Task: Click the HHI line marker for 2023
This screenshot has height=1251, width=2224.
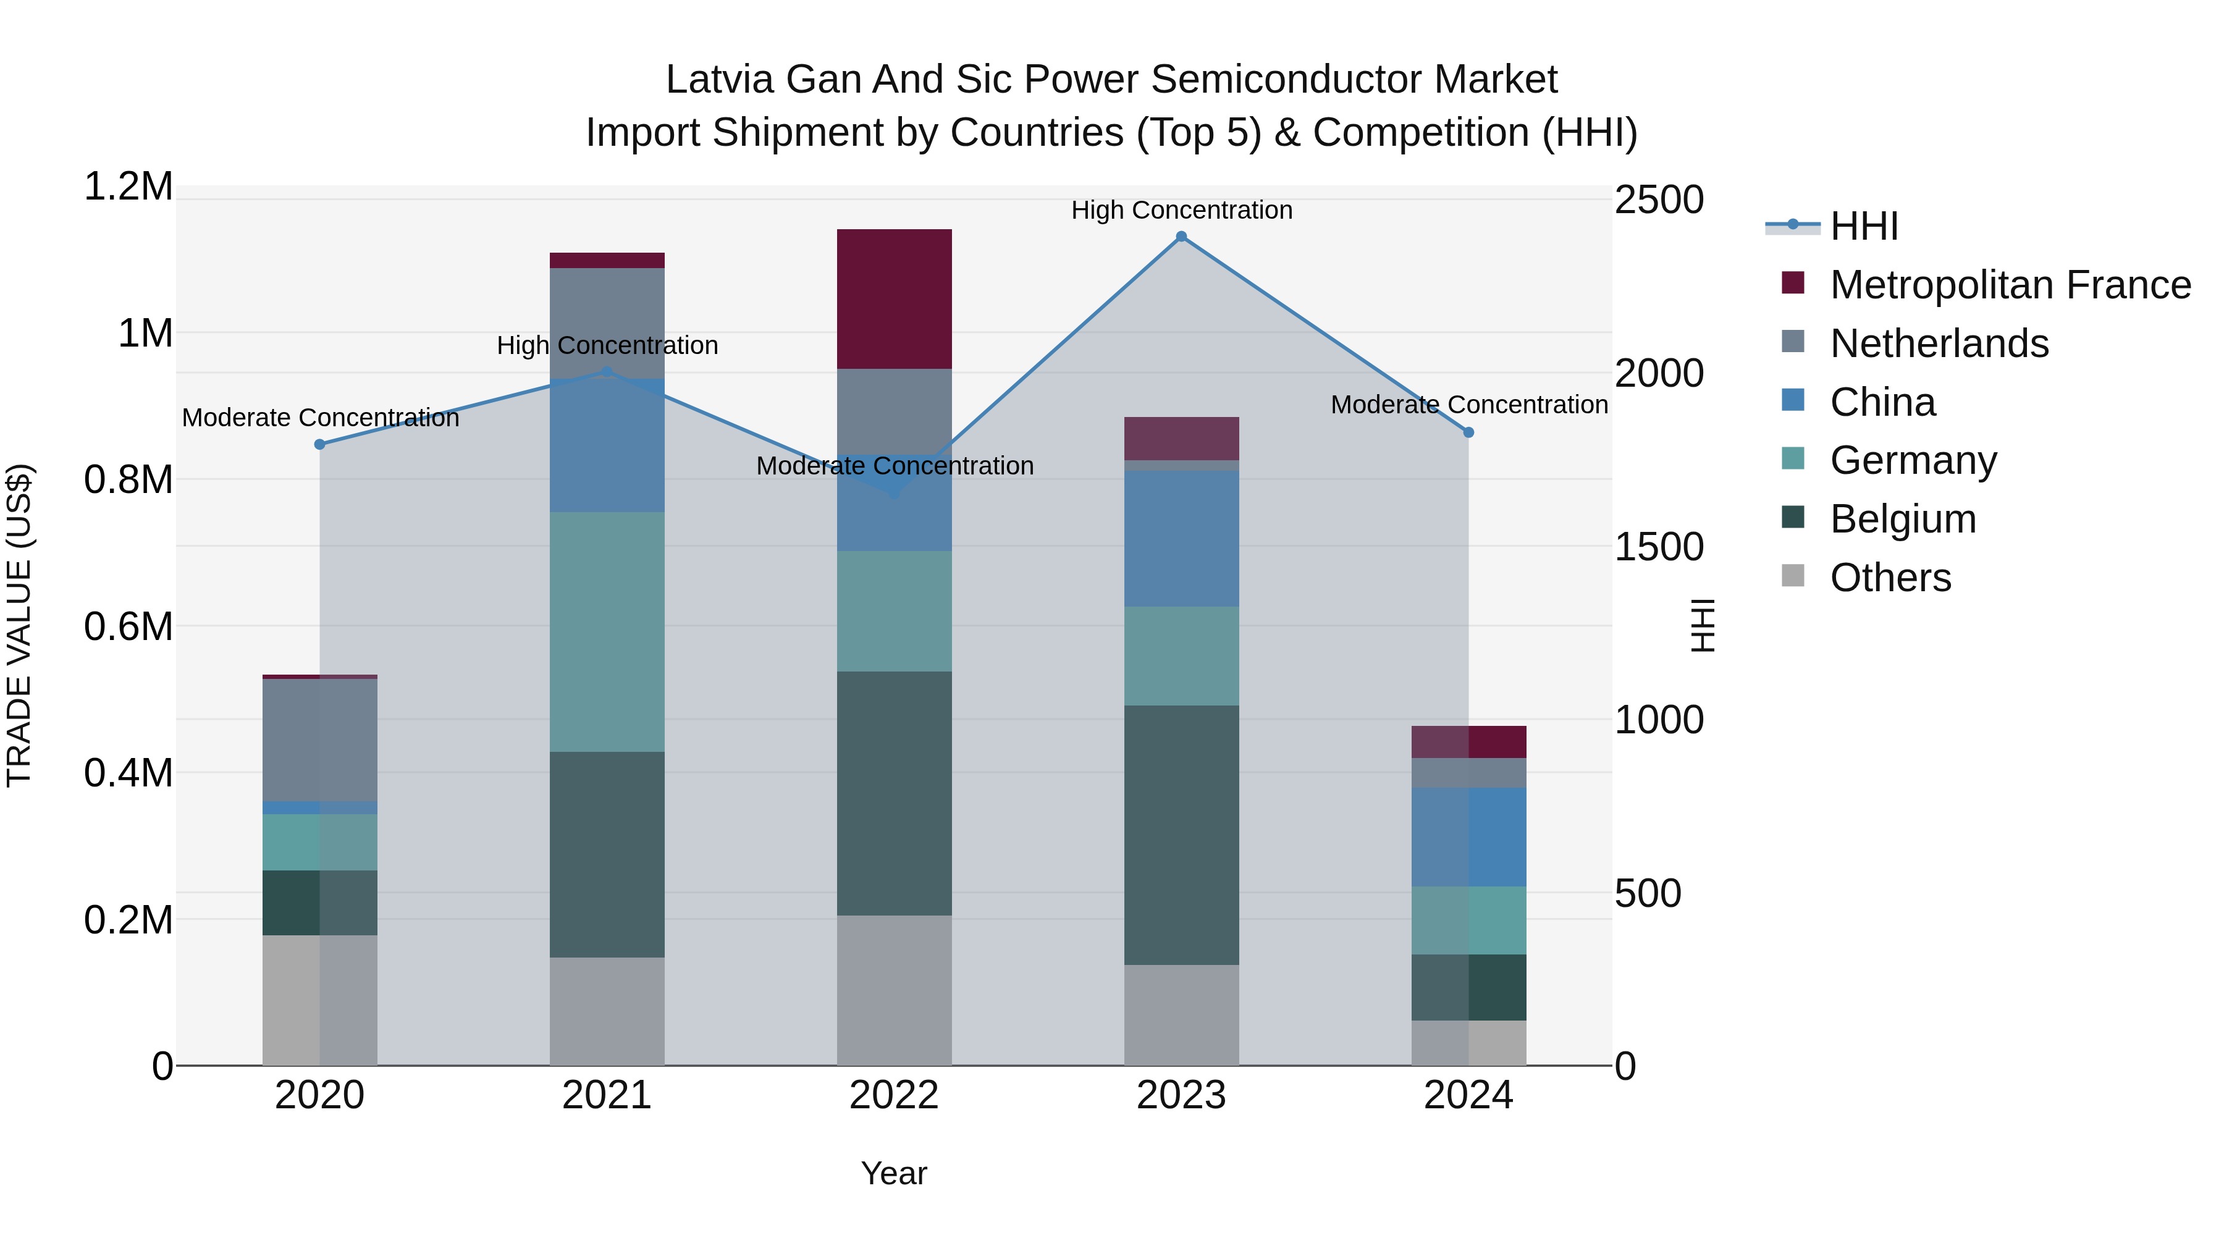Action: (x=1181, y=237)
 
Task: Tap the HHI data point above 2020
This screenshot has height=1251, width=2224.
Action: (x=319, y=444)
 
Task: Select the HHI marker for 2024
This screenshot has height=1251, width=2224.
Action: (x=1468, y=432)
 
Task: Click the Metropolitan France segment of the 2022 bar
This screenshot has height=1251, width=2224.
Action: (x=895, y=299)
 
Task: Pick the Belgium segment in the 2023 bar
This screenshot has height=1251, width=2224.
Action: (x=1181, y=835)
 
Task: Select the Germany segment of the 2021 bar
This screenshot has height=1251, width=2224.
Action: (x=607, y=632)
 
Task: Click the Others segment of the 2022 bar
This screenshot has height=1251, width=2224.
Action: (x=895, y=990)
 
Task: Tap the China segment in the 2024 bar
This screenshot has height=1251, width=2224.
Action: (x=1468, y=836)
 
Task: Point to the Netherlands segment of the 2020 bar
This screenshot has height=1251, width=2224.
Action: (x=319, y=740)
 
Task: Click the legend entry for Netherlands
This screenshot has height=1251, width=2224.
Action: (x=1938, y=343)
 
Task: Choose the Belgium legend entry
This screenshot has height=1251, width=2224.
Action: (x=1902, y=519)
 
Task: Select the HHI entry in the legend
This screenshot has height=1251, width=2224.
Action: (x=1863, y=226)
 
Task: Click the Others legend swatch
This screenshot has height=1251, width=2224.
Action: (x=1793, y=576)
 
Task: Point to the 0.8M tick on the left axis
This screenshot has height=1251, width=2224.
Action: (x=128, y=480)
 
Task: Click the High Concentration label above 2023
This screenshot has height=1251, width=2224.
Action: (x=1181, y=210)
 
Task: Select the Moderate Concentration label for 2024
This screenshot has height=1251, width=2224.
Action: (x=1468, y=404)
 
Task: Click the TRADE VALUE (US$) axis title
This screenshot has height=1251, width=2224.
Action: (x=19, y=625)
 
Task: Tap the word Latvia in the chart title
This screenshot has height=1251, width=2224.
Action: (x=720, y=80)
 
